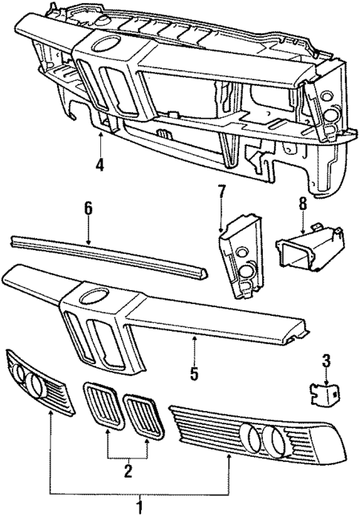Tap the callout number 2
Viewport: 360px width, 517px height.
pyautogui.click(x=128, y=469)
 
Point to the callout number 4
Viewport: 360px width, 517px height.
pyautogui.click(x=99, y=165)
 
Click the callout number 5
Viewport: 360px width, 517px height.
pyautogui.click(x=194, y=373)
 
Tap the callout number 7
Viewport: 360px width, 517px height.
pyautogui.click(x=221, y=194)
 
